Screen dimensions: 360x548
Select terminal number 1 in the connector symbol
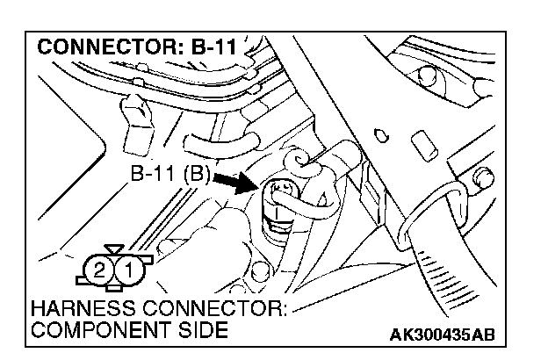pyautogui.click(x=127, y=269)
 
